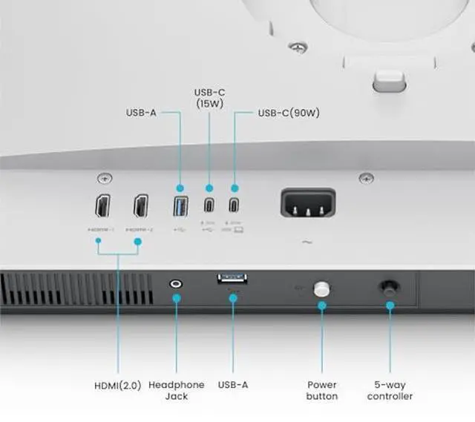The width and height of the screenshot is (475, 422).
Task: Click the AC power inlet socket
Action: pyautogui.click(x=307, y=202)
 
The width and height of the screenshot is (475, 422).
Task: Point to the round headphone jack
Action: pyautogui.click(x=177, y=283)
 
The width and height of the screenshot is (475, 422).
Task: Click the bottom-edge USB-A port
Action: pyautogui.click(x=232, y=279)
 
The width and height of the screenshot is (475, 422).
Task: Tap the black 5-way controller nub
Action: pyautogui.click(x=389, y=287)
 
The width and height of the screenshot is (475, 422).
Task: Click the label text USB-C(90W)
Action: pyautogui.click(x=288, y=113)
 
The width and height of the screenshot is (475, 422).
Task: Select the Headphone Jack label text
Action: pyautogui.click(x=177, y=390)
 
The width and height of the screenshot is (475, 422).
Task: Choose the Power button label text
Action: pyautogui.click(x=322, y=390)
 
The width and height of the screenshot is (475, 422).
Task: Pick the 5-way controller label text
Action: pyautogui.click(x=390, y=390)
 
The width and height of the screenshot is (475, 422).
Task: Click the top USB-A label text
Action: pyautogui.click(x=140, y=113)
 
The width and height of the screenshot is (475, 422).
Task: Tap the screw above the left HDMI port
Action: pyautogui.click(x=105, y=178)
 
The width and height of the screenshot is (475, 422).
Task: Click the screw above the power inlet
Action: pyautogui.click(x=367, y=178)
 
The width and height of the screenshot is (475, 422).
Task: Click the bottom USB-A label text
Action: pyautogui.click(x=233, y=385)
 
